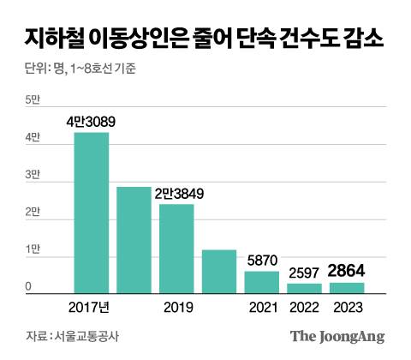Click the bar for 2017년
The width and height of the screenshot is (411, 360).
click(x=92, y=213)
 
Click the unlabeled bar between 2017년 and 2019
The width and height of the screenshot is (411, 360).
click(x=134, y=241)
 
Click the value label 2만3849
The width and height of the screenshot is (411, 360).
click(x=177, y=194)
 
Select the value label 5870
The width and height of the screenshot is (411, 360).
click(x=262, y=261)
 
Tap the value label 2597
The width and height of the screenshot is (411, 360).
click(x=304, y=273)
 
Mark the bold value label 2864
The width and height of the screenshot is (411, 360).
click(x=346, y=273)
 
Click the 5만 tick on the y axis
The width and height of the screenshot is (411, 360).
click(x=33, y=101)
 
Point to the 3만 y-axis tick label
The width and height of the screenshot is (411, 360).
click(x=33, y=175)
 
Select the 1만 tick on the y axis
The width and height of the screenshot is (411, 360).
click(x=33, y=249)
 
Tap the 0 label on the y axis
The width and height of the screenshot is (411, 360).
click(x=28, y=286)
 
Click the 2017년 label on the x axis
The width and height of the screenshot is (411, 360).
click(x=92, y=305)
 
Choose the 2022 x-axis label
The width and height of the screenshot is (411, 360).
click(x=304, y=305)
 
